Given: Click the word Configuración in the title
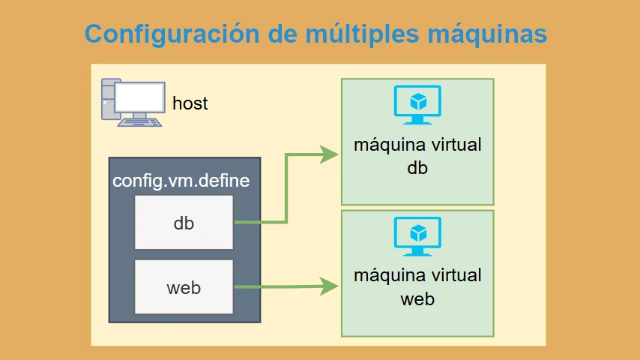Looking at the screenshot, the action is [172, 34].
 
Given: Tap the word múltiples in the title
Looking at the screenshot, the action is [363, 34].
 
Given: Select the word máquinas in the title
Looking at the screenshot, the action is [487, 34].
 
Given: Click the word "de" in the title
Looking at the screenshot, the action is [283, 34].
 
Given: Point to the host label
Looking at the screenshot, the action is [190, 103].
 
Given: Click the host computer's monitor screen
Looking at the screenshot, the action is [139, 97].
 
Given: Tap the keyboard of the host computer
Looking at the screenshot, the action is [139, 122].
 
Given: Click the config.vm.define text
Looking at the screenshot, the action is [181, 181].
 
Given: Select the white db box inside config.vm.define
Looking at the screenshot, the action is [184, 222].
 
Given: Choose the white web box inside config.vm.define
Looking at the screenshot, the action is [184, 286].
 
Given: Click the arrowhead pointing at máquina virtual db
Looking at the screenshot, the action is [329, 154].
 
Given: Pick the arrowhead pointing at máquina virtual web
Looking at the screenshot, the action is [329, 286].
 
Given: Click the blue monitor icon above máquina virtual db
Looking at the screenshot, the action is [417, 104].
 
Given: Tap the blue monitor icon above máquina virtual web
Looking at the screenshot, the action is [417, 236].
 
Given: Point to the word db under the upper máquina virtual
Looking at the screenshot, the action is [417, 168].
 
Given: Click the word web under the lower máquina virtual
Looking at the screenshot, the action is [417, 299].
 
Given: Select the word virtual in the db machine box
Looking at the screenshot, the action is [456, 145].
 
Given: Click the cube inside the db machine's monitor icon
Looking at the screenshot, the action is [418, 102].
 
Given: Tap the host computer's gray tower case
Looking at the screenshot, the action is [108, 99].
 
